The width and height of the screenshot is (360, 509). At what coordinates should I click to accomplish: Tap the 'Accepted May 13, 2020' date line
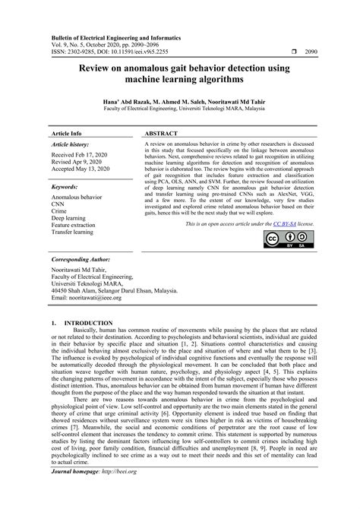click(x=82, y=172)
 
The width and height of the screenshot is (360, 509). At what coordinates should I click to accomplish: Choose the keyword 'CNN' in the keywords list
click(x=59, y=203)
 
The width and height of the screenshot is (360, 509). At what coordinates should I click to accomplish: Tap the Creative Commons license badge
click(x=283, y=239)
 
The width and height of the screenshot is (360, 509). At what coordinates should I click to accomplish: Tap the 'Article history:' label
click(x=74, y=143)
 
